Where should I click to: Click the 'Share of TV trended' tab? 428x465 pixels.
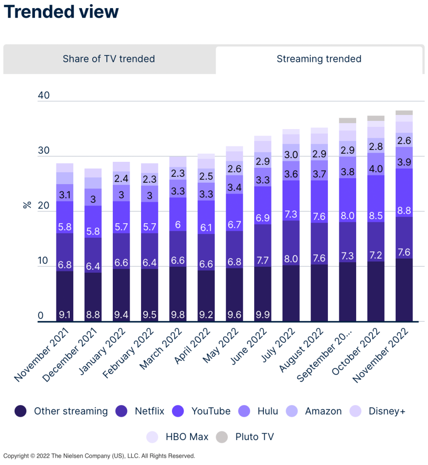click(x=109, y=59)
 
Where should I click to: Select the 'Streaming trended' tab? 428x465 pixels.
click(x=319, y=59)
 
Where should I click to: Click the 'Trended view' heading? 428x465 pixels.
click(x=61, y=12)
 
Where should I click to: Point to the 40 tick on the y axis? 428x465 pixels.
click(x=44, y=96)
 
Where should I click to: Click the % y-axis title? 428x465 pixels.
click(x=27, y=205)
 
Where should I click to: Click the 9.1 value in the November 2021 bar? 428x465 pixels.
click(x=65, y=314)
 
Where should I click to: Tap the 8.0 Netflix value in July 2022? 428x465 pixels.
click(x=291, y=259)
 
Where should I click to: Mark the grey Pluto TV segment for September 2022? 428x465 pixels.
click(x=347, y=120)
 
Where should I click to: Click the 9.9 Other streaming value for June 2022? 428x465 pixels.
click(x=262, y=314)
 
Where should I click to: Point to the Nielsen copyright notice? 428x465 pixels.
click(x=99, y=456)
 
